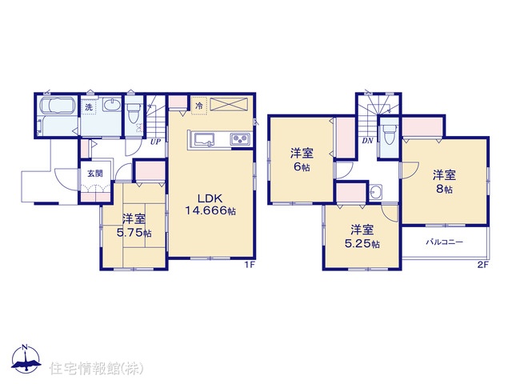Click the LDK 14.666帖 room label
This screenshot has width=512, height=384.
pos(210,205)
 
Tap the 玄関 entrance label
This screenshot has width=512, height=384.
pos(95,174)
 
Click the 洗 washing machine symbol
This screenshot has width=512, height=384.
pos(89,106)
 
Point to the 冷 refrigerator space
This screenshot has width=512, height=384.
pos(199,106)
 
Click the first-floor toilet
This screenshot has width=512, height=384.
pos(134,112)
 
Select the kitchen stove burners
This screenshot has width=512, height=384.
pos(241,138)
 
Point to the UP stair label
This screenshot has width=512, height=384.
pos(155,142)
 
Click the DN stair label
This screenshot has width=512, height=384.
pos(367,141)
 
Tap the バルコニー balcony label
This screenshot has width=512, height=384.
pos(445,242)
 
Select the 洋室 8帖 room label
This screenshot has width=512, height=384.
pos(444,182)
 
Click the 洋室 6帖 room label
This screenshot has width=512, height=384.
pos(302,160)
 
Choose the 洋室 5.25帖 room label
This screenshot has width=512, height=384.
pos(362,237)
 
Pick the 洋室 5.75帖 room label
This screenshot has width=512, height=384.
pos(134,226)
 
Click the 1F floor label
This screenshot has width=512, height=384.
pos(250,266)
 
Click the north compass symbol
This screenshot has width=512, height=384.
pos(26,358)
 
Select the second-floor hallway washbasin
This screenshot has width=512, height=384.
pos(376,191)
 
